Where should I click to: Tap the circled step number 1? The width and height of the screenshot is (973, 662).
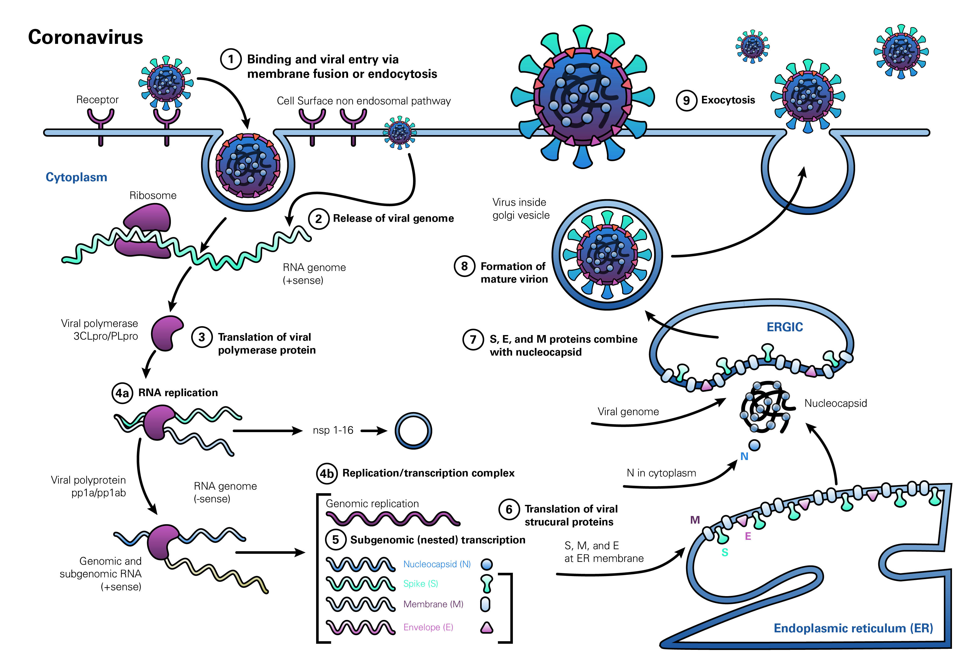[231, 59]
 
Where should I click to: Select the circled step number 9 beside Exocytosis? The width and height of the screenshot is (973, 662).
[686, 100]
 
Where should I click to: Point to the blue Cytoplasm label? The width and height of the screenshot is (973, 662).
[76, 177]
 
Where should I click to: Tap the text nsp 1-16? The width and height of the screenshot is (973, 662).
[333, 430]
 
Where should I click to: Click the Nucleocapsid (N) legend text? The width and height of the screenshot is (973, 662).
[437, 564]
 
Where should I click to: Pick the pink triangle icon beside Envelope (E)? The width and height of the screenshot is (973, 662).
[487, 627]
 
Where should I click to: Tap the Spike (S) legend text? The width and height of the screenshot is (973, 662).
[420, 583]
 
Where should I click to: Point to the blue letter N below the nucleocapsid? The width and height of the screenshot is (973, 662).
[744, 456]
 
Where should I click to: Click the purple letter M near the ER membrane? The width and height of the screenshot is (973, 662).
[695, 520]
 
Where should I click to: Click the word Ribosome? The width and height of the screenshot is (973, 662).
[153, 195]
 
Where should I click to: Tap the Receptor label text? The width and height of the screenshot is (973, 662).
[97, 100]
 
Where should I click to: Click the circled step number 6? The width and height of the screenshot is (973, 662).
[509, 509]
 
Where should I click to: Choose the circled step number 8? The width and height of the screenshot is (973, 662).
[464, 266]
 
